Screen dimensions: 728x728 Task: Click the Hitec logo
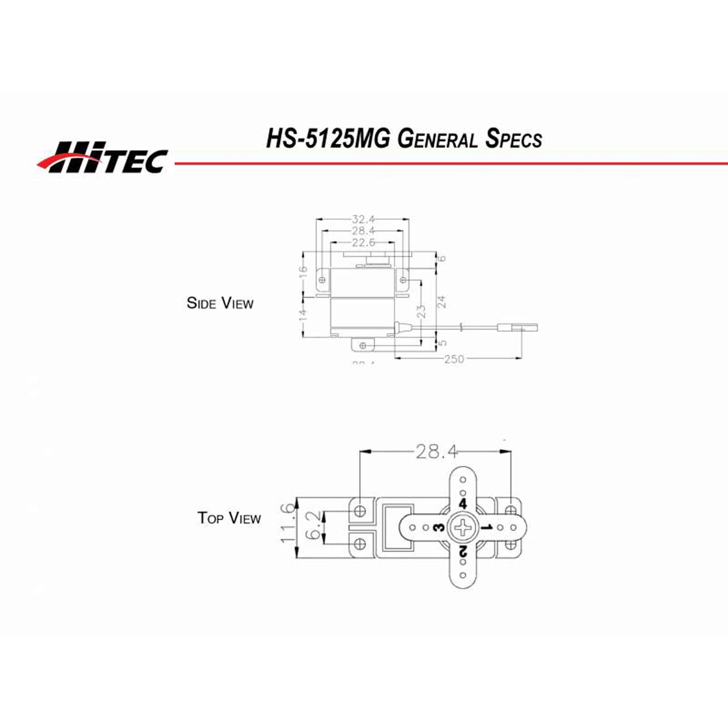[x=103, y=158]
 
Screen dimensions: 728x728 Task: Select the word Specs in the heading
[x=514, y=139]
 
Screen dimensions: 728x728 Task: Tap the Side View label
[x=220, y=303]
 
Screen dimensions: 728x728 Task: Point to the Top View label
[x=229, y=518]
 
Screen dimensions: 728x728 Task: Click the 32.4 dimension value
[x=363, y=219]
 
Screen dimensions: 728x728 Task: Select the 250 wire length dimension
[x=454, y=359]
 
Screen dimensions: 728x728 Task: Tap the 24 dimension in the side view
[x=442, y=302]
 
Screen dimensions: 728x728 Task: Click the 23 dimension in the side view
[x=422, y=311]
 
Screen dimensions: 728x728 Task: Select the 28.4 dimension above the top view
[x=436, y=451]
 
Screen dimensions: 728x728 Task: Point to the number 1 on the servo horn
[x=487, y=527]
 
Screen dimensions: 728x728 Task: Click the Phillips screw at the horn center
[x=463, y=527]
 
